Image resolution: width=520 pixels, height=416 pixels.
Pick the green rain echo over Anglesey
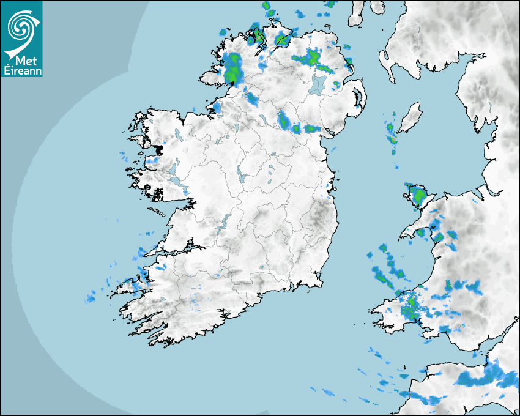click(x=419, y=196)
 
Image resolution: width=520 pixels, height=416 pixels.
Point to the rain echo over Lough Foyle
click(x=282, y=40)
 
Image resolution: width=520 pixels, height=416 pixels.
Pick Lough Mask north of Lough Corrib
click(x=172, y=166)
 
